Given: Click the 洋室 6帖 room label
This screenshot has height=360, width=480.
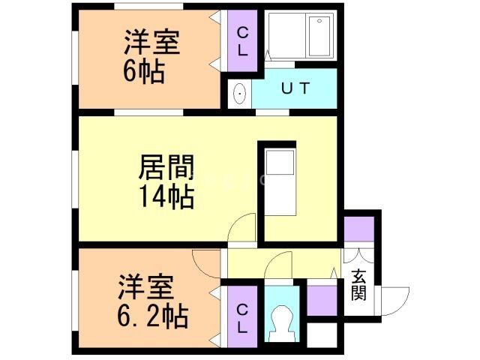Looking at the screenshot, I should (152, 57).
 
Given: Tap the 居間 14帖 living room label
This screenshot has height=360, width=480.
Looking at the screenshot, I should (166, 181).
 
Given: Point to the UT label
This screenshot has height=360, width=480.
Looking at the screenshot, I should (295, 88).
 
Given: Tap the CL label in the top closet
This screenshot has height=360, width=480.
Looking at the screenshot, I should (243, 40).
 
